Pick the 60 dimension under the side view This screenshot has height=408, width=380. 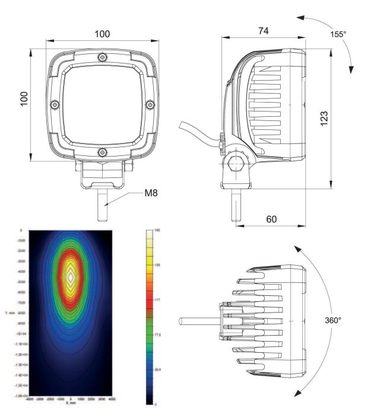(x=271, y=219)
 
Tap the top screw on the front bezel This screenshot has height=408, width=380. (x=102, y=58)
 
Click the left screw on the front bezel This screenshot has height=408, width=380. (x=55, y=104)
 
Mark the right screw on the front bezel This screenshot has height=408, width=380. (x=149, y=104)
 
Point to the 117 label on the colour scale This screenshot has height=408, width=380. (x=158, y=299)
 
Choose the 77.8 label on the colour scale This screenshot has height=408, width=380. (x=158, y=334)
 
